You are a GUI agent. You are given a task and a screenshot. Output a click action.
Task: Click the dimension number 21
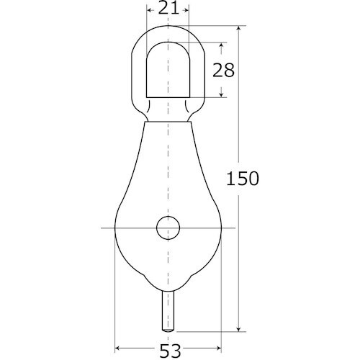pyautogui.click(x=168, y=9)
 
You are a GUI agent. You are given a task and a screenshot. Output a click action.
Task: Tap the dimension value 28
pyautogui.click(x=223, y=70)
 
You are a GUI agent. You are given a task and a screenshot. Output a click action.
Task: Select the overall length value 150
pyautogui.click(x=243, y=179)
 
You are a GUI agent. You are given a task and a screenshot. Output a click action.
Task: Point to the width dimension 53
pyautogui.click(x=170, y=351)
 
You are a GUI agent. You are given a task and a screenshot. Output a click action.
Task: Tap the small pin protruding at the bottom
pyautogui.click(x=168, y=312)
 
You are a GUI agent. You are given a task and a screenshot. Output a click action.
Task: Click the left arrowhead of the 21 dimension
pyautogui.click(x=149, y=10)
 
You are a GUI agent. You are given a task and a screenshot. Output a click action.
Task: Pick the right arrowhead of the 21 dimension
pyautogui.click(x=186, y=10)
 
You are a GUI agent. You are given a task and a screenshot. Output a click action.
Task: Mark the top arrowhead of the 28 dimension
pyautogui.click(x=221, y=45)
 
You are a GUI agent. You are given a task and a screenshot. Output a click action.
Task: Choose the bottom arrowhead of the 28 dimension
pyautogui.click(x=221, y=94)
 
